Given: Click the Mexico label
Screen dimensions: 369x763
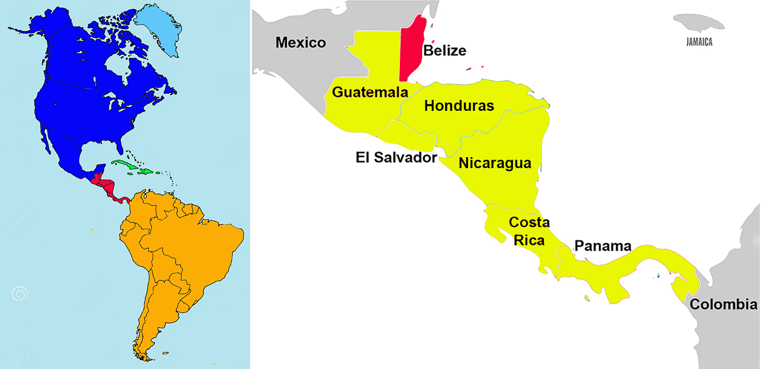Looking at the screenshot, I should (301, 42).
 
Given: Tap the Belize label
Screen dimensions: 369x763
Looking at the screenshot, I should (445, 50).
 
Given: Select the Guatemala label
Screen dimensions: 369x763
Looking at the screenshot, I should (370, 92).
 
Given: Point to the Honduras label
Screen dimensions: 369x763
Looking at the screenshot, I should (459, 106).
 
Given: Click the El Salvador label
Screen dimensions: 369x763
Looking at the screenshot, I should (396, 157).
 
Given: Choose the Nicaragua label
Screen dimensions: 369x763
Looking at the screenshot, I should (495, 163).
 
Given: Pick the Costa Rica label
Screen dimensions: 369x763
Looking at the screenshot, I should (528, 231).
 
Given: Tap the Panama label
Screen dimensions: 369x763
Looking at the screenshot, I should (602, 246).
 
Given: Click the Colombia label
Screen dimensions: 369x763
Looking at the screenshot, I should (723, 304).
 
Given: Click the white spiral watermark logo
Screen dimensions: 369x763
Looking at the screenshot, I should (20, 295).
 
